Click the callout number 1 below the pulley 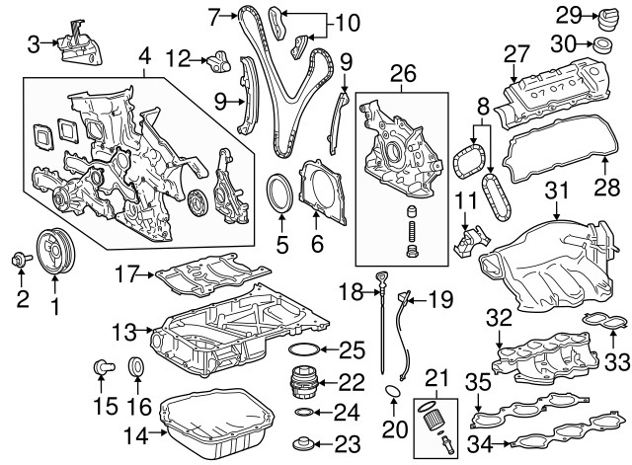tap(55, 307)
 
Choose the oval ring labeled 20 tap(392, 396)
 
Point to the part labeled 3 tap(74, 44)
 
